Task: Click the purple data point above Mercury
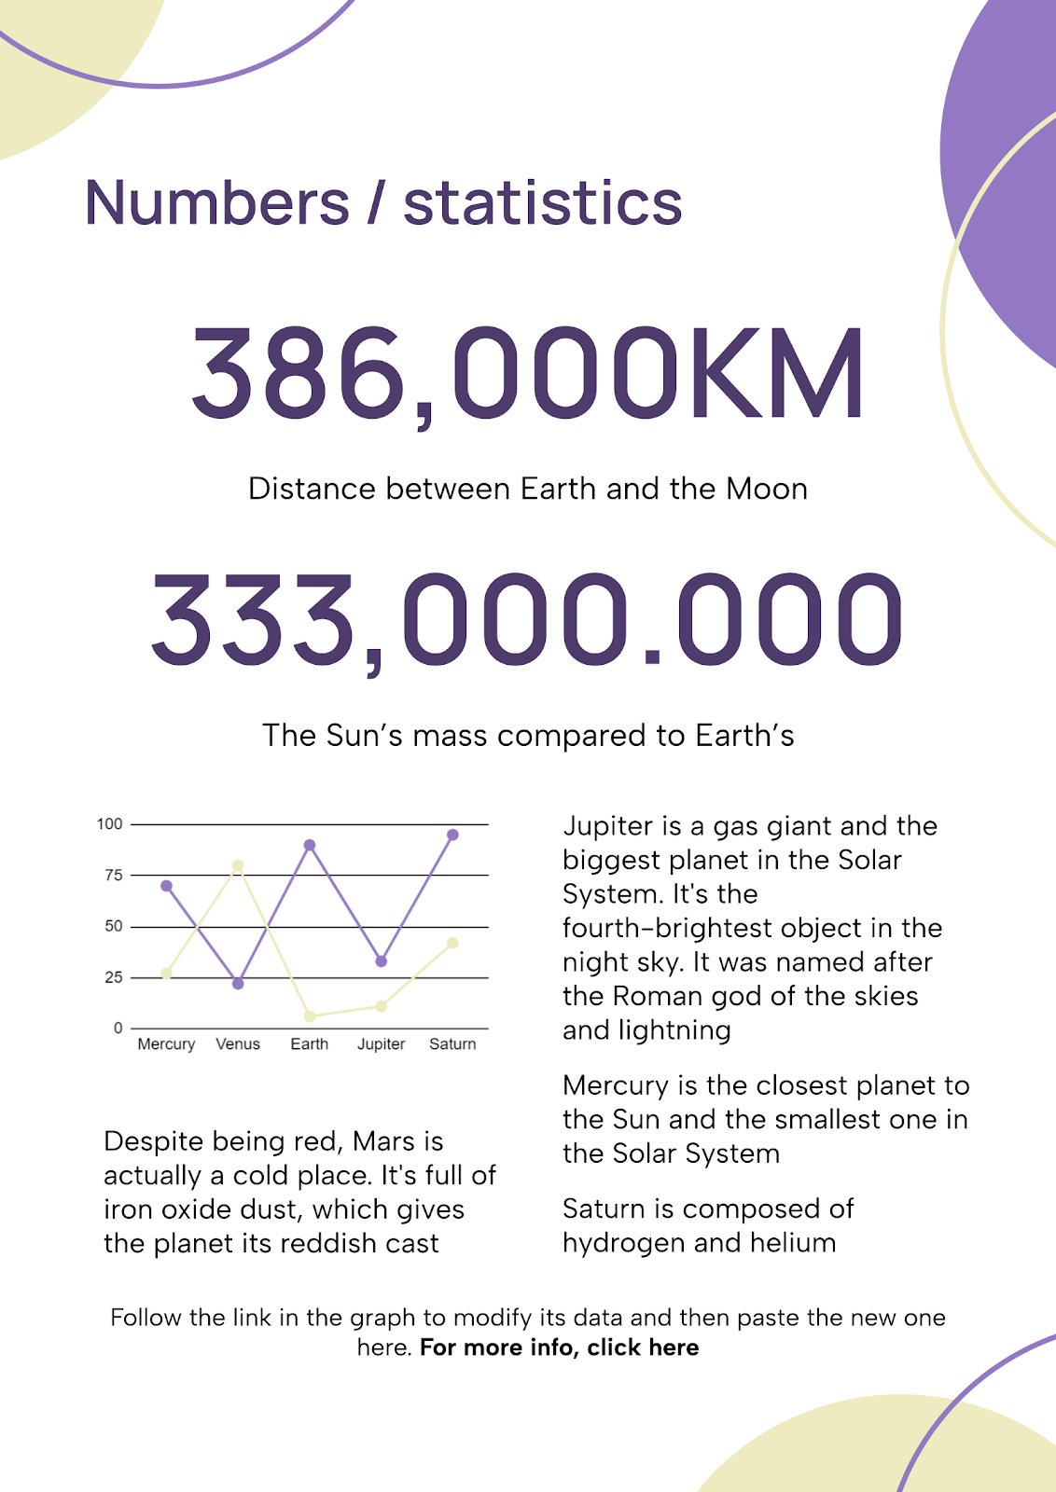[x=166, y=886]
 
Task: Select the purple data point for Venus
[x=238, y=984]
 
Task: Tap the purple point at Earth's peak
[x=310, y=845]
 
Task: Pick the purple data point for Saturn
[x=452, y=835]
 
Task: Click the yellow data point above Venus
[x=238, y=865]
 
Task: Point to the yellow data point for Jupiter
[x=382, y=1006]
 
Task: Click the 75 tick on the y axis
[x=114, y=875]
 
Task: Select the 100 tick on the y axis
[x=109, y=823]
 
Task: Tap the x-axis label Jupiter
[x=381, y=1044]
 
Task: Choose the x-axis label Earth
[x=309, y=1044]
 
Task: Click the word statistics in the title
[x=542, y=203]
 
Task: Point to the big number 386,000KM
[x=528, y=373]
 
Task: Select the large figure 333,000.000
[x=527, y=620]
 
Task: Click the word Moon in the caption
[x=766, y=489]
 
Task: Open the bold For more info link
[x=559, y=1347]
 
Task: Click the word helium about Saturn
[x=792, y=1243]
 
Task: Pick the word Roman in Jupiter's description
[x=658, y=996]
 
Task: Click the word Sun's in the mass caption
[x=365, y=736]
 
